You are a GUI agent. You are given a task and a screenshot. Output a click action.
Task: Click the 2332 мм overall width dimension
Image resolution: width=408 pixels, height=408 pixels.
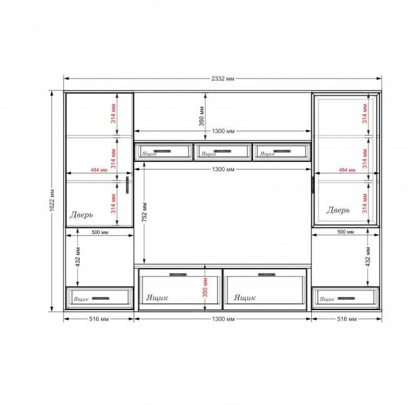pos(223,78)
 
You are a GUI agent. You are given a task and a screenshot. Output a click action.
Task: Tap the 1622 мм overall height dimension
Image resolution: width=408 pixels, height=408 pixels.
pos(52,200)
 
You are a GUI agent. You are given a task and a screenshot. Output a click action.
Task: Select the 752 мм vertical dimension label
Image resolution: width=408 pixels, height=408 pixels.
pos(144,212)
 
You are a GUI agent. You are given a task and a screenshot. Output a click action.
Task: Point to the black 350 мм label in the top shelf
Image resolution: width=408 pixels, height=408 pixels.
pos(201,116)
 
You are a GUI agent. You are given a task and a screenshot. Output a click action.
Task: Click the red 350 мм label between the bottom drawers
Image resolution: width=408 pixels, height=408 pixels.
pos(205,287)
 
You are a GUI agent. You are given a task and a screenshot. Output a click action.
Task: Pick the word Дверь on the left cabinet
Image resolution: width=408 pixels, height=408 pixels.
pos(81,215)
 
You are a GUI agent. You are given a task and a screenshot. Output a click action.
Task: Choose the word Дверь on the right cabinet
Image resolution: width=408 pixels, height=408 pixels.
pos(338,210)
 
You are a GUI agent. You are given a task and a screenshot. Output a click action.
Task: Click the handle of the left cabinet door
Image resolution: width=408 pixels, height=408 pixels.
pos(127,185)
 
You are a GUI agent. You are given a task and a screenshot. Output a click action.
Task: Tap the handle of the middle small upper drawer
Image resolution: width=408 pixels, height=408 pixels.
pos(222,151)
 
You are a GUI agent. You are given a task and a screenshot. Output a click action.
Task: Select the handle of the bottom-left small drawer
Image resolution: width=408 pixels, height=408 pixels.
pos(100,298)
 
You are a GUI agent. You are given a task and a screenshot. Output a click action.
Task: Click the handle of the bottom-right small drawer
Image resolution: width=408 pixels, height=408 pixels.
pos(346,298)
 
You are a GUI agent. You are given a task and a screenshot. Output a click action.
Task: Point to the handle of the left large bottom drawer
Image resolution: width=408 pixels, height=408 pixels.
pos(178,274)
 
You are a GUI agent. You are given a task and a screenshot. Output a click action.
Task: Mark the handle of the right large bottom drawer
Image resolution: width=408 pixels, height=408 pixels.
pos(267,274)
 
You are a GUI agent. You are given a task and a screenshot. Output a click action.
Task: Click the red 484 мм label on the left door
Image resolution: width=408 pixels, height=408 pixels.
pos(99,170)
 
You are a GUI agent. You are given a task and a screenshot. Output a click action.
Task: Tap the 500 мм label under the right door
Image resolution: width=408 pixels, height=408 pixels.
pos(346,232)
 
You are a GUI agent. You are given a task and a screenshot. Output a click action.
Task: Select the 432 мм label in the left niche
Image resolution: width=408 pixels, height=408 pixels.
pos(78,257)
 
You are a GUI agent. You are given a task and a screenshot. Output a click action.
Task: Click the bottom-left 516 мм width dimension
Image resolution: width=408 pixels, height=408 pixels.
pos(99,319)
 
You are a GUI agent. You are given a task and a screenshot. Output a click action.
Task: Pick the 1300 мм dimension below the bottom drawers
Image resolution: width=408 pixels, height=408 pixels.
pos(223,319)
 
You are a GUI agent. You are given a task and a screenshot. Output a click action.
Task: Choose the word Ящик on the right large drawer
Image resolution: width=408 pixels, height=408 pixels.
pos(245,298)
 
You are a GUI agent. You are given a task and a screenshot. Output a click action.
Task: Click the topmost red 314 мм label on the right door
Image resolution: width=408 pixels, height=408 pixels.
pos(365,114)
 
